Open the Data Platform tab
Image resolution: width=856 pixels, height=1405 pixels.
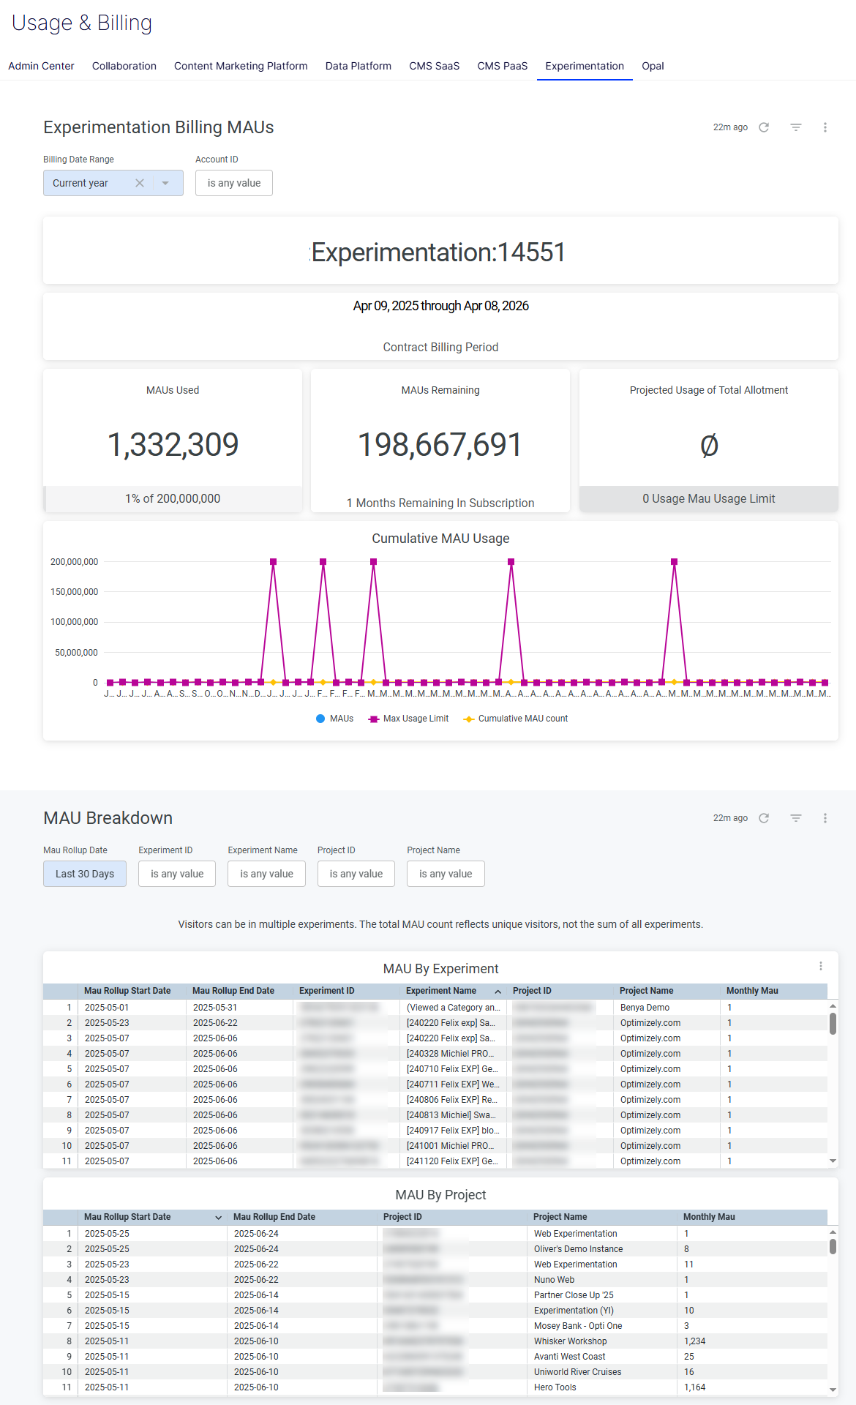pos(358,66)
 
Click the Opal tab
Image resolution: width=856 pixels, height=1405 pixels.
pos(653,66)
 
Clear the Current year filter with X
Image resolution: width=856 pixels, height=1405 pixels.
pos(140,183)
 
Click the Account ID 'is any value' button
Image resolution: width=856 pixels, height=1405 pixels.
pos(233,183)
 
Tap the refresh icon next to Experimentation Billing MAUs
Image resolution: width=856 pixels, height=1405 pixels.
pos(764,127)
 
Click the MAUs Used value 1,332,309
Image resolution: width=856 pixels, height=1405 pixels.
pos(173,445)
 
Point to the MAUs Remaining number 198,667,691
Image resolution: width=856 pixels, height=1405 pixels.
pos(440,445)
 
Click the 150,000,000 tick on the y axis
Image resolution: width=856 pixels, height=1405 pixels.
pos(74,592)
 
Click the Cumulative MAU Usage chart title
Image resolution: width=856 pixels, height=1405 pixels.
pos(440,539)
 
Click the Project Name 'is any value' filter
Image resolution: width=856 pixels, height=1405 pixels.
pos(446,874)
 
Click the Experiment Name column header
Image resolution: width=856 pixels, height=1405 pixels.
pos(440,991)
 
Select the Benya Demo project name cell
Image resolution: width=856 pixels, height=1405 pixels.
pos(645,1008)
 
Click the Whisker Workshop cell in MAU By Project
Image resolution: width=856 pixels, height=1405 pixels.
pos(570,1341)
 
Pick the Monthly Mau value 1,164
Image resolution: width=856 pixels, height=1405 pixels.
pos(694,1387)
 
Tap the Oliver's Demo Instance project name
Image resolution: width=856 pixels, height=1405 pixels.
pos(578,1249)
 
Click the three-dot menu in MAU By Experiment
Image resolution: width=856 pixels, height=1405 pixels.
pos(821,967)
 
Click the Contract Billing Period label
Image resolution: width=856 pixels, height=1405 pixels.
pos(440,348)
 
